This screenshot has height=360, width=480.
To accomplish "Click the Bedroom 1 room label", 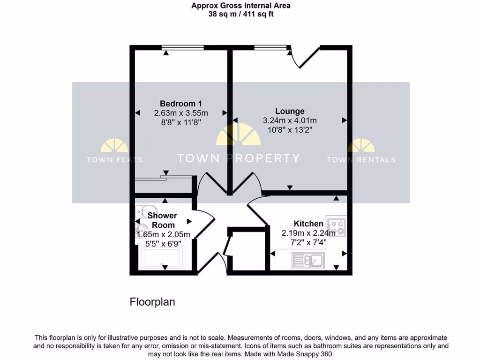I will pos(181,104).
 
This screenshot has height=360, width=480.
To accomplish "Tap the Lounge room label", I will pos(290,111).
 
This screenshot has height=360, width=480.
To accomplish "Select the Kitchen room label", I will pos(308,224).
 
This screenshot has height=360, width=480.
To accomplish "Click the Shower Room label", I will pos(162,220).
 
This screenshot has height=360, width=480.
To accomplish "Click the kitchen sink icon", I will pos(307,260).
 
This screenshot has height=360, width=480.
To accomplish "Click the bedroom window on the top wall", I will pos(182,47).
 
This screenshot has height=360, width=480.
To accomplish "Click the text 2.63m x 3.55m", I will pos(181,113).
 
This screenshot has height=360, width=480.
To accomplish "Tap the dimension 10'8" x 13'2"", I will pos(290,129).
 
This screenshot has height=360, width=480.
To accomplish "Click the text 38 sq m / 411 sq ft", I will pos(241,14).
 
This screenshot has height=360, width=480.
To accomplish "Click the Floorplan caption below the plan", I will pos(152,302).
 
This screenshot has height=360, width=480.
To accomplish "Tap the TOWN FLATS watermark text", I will pos(114,159).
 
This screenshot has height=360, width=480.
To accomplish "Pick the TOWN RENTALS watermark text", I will pos(361,159).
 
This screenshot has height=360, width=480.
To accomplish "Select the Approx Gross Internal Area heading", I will pos(241,6).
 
